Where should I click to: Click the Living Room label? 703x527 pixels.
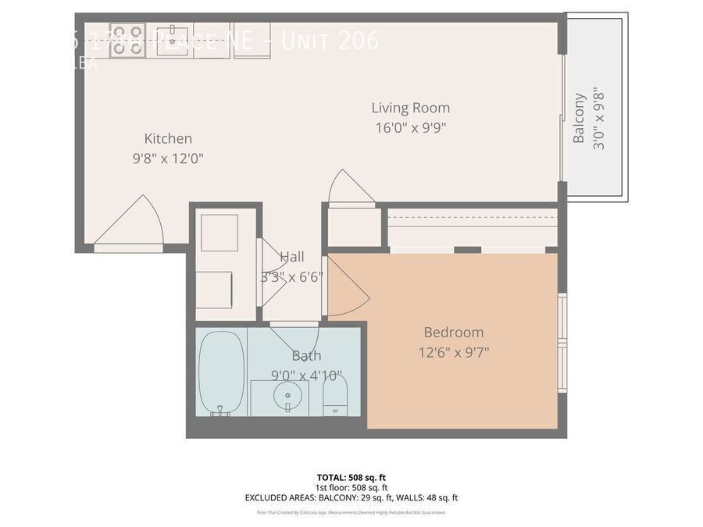point(410,108)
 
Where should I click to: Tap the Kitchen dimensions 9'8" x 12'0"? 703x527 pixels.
point(168,158)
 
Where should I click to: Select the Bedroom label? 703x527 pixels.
point(453,332)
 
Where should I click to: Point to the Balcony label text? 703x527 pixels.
point(579,118)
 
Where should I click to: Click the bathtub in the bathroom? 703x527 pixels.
point(221,371)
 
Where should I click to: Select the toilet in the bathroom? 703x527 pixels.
point(334,395)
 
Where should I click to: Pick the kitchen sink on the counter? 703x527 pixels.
point(171,40)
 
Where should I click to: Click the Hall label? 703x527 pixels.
point(292,257)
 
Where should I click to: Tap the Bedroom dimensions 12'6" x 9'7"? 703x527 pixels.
point(453,352)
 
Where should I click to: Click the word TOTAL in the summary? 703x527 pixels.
point(330,477)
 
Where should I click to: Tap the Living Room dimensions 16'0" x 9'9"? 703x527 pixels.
point(410,128)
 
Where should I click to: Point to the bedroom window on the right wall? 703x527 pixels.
point(562,320)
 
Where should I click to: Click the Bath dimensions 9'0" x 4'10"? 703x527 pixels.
point(305,376)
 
